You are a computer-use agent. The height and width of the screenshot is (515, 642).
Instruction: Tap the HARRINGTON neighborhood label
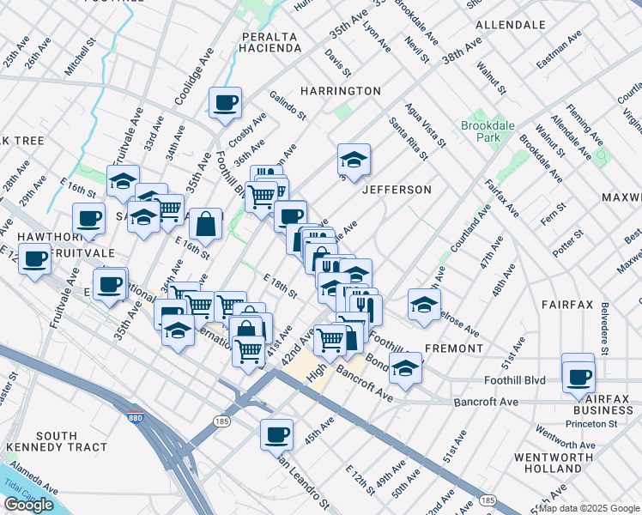(341, 91)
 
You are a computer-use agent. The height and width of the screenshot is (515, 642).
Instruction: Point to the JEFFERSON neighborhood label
(396, 189)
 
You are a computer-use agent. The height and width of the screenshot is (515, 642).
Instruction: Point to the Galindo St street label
(288, 106)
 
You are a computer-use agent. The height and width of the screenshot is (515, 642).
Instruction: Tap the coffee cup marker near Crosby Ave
(226, 104)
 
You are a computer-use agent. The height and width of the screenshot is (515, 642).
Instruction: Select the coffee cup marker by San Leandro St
(276, 435)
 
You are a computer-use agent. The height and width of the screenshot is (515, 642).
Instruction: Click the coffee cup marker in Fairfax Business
(578, 375)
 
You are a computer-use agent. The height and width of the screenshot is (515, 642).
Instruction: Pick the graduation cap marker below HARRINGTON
(353, 160)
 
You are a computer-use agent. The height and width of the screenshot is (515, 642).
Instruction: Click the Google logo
(28, 505)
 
